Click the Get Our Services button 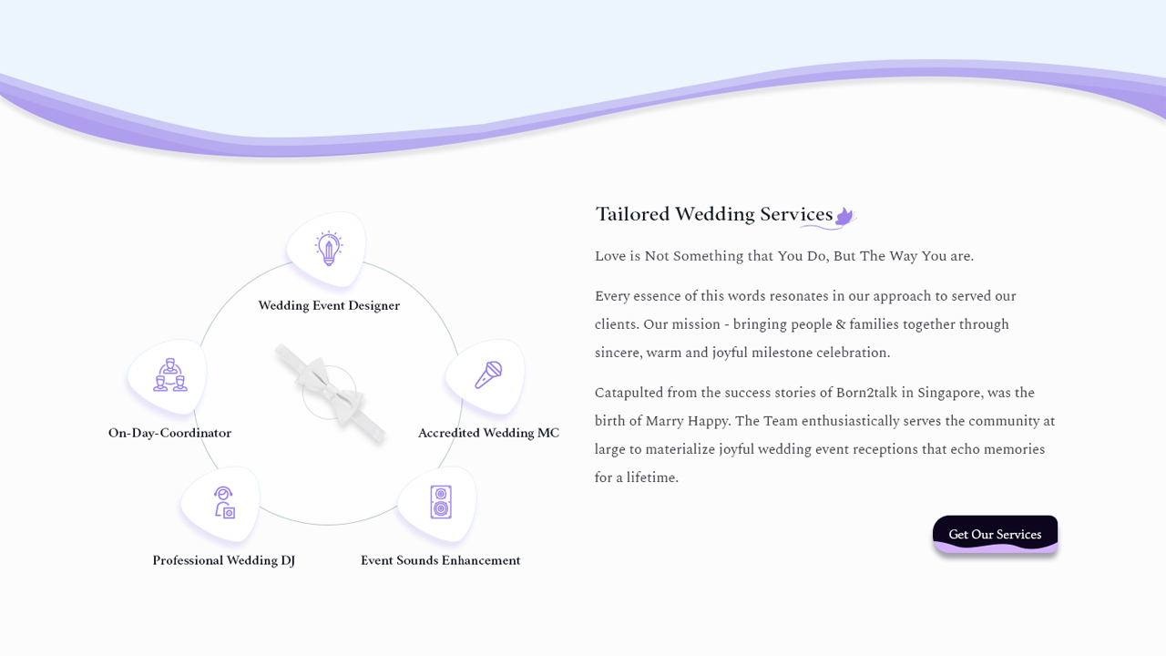point(995,535)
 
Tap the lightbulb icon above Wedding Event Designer point(328,248)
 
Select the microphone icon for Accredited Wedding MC point(488,374)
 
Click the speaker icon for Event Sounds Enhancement point(441,502)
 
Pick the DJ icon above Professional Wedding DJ point(224,502)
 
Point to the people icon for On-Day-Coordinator point(169,374)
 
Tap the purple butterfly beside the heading point(844,216)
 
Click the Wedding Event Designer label point(329,305)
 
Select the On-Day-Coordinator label point(169,433)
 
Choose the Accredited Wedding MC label point(488,433)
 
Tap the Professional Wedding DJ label point(223,560)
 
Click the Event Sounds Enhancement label point(440,560)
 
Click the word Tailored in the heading point(632,214)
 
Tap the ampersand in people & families point(840,324)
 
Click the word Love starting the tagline point(609,256)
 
